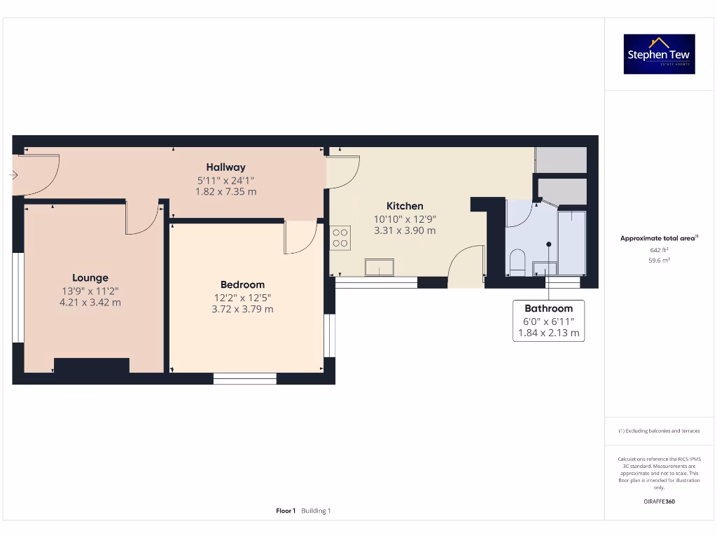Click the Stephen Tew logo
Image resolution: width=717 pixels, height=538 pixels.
[x=659, y=54]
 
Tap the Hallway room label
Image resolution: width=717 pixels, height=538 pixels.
[x=225, y=167]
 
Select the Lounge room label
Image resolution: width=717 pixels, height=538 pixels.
[x=90, y=277]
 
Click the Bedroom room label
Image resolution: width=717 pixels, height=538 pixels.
[x=242, y=284]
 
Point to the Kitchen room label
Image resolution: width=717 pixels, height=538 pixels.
[x=405, y=206]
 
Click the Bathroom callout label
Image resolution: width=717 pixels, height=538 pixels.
[x=548, y=308]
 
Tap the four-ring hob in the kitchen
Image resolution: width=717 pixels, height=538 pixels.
[x=340, y=237]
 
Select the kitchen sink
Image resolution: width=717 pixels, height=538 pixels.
[x=379, y=268]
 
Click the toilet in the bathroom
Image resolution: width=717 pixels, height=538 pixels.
[x=517, y=263]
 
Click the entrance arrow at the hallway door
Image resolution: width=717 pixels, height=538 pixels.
[x=14, y=175]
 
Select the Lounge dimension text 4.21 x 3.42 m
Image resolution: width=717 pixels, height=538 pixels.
[x=91, y=303]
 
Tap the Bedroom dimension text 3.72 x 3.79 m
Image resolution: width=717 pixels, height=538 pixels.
[x=242, y=309]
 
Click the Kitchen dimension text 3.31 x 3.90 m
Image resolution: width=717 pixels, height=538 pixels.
[x=405, y=230]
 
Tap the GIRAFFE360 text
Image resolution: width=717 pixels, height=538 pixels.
[x=658, y=502]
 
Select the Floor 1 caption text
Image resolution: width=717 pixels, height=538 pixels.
[x=286, y=511]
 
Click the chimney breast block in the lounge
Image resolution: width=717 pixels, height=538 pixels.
[x=92, y=366]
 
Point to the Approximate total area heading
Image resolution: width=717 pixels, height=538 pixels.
[x=658, y=238]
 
